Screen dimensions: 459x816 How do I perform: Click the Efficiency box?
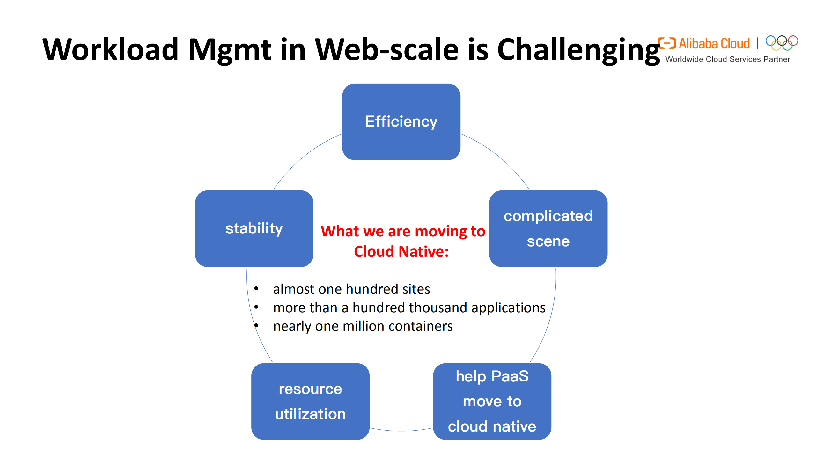401,122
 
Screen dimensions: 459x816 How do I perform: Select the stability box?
254,228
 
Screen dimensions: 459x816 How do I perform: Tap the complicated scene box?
548,228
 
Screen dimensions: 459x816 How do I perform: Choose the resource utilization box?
310,401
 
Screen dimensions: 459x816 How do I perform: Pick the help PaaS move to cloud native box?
492,401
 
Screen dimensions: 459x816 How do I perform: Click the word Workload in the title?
110,49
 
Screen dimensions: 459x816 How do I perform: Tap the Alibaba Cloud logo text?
714,44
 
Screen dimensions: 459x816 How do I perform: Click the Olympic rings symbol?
782,43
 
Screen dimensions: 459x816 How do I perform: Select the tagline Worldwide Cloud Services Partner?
727,59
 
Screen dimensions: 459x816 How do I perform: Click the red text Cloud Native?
401,252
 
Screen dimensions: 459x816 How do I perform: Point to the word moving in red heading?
441,231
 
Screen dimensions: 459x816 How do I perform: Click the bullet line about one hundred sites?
351,289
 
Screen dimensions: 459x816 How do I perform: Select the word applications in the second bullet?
508,308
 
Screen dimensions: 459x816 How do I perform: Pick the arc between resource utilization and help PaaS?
401,431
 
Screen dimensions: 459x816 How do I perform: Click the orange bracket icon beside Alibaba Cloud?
666,43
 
